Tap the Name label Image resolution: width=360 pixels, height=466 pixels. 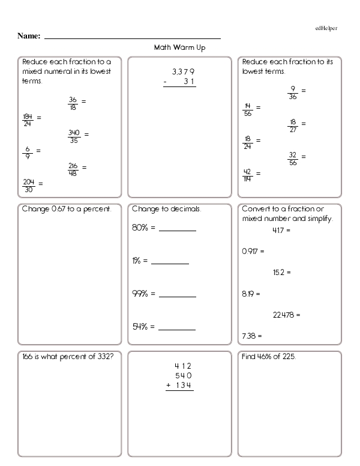pos(29,37)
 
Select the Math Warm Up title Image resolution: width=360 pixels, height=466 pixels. pos(180,47)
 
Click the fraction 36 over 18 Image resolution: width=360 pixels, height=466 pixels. pos(73,103)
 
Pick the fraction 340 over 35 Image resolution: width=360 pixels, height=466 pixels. pos(74,136)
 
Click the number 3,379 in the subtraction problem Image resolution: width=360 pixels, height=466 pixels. pos(182,71)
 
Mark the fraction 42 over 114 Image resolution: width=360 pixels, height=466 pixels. pos(247,175)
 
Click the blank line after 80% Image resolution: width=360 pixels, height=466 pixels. pos(178,231)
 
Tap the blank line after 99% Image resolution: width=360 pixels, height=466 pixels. pos(178,296)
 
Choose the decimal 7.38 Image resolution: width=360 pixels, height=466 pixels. pos(248,335)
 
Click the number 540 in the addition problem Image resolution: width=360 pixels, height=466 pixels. pos(183,375)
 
